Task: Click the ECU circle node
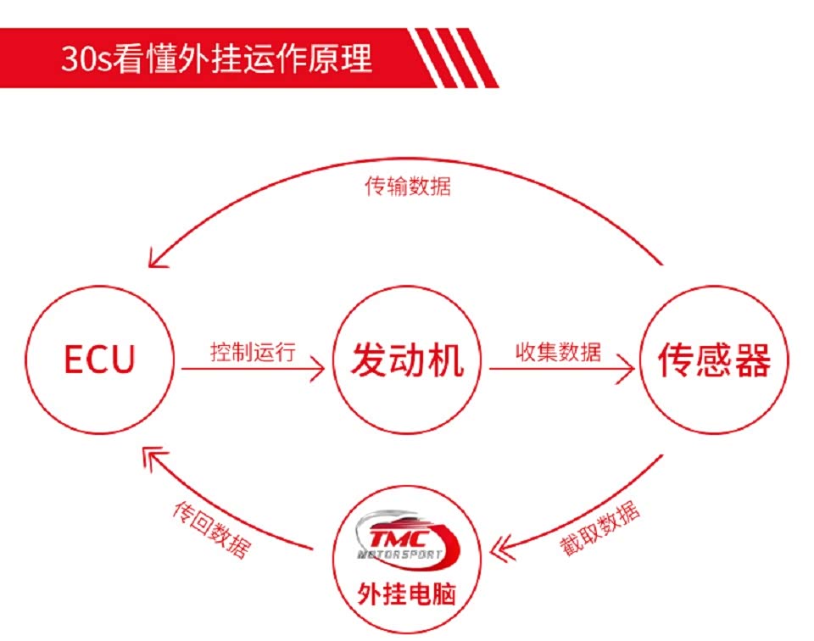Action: click(100, 360)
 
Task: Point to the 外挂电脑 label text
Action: click(407, 592)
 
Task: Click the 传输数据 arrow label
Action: click(408, 186)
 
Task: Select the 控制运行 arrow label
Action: click(253, 351)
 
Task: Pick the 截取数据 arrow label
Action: click(599, 528)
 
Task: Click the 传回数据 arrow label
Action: click(212, 528)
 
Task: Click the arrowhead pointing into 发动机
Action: click(319, 369)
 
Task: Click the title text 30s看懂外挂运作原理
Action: click(216, 59)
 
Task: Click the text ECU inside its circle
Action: click(100, 360)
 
